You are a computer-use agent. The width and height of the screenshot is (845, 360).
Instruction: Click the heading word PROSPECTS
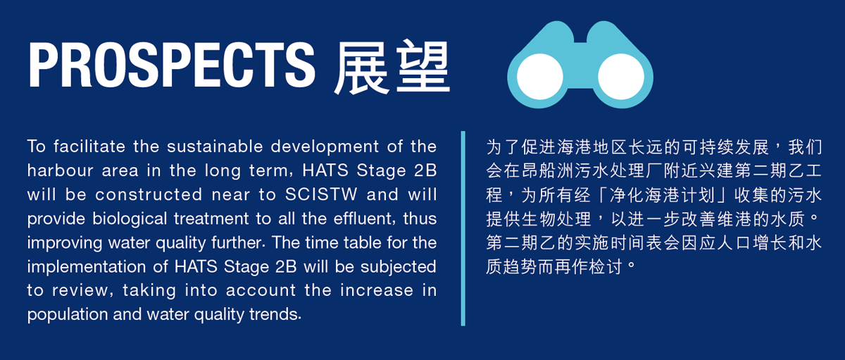(x=171, y=65)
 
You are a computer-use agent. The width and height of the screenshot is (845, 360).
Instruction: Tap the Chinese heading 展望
(x=392, y=66)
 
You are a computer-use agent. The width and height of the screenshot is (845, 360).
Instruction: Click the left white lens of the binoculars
(x=540, y=77)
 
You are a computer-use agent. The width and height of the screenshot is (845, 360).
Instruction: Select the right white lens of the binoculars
(x=621, y=77)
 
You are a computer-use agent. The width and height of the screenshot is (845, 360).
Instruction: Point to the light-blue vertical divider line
(x=463, y=228)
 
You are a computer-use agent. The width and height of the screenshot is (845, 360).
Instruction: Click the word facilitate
(x=89, y=147)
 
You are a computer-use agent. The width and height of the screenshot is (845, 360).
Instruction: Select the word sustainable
(x=215, y=147)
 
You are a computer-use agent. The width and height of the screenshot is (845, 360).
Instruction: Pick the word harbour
(x=60, y=170)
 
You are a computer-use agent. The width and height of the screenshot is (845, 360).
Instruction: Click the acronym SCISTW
(x=320, y=194)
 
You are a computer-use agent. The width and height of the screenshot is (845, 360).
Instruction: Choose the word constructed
(x=149, y=194)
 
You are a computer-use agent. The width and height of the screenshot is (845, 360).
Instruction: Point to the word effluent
(x=363, y=219)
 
